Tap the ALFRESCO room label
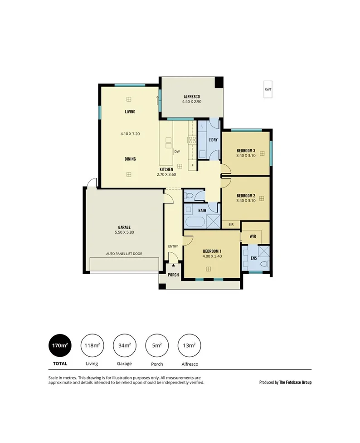192,97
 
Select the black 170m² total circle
60,345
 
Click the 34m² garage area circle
124,345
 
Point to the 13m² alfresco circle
189,345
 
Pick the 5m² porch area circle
157,345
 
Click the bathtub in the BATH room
195,223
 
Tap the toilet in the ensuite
265,263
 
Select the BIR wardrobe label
231,224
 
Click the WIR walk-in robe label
253,236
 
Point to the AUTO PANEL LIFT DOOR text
124,254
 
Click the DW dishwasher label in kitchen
176,151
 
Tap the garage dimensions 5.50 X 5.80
124,232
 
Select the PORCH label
173,275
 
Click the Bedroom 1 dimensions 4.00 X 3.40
212,256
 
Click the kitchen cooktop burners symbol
191,140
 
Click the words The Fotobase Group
295,382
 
